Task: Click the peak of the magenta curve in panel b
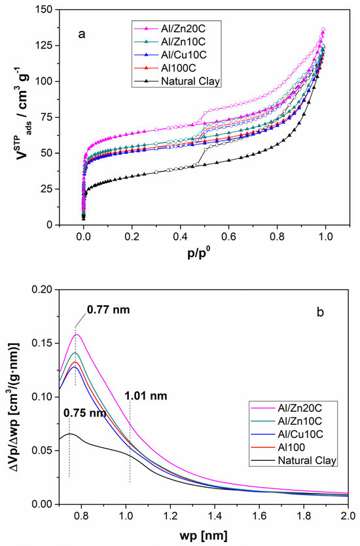point(77,335)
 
